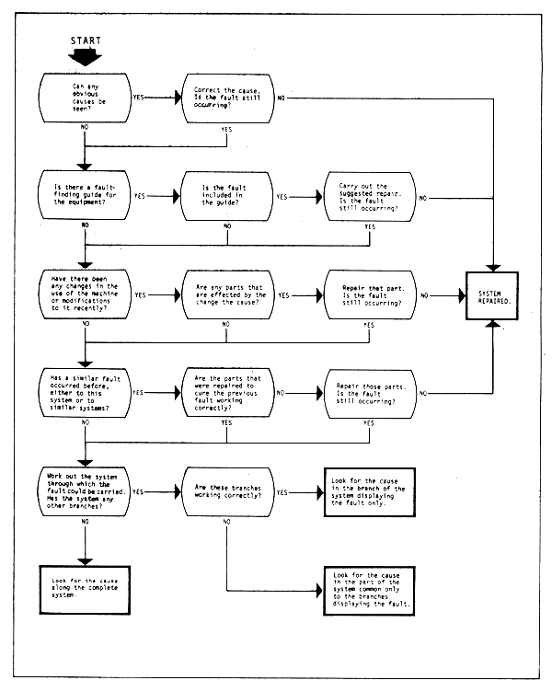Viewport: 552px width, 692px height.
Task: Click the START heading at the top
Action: pyautogui.click(x=85, y=40)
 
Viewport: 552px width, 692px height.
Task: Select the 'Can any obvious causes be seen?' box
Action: pyautogui.click(x=85, y=97)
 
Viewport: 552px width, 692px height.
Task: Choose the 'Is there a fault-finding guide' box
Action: pyautogui.click(x=85, y=196)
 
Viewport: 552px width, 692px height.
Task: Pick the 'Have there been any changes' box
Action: pyautogui.click(x=85, y=295)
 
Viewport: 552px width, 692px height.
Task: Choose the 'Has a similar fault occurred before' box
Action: pyautogui.click(x=85, y=394)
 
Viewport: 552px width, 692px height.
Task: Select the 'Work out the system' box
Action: pyautogui.click(x=85, y=492)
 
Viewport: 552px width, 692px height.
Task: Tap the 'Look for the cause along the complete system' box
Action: pyautogui.click(x=85, y=590)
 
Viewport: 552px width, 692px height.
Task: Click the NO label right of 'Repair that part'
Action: pyautogui.click(x=423, y=295)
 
